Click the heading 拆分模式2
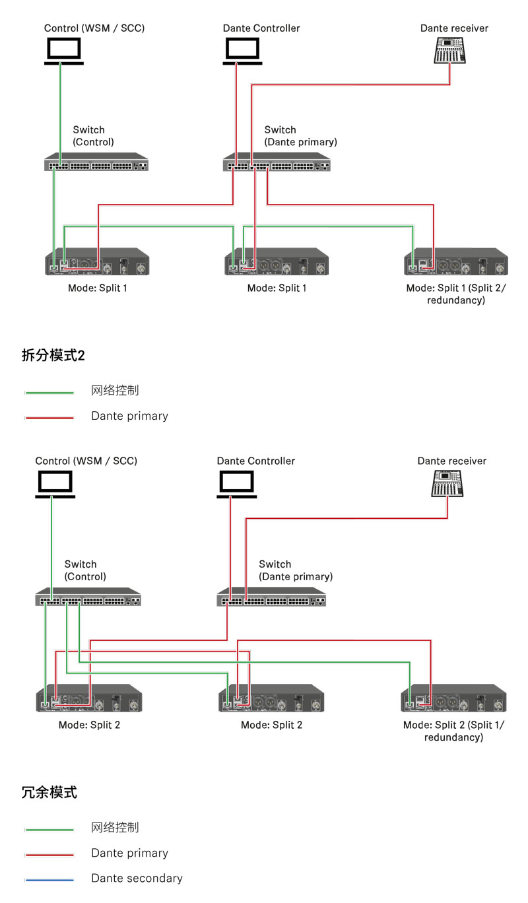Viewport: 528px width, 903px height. tap(53, 356)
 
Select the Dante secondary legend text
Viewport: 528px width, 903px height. tap(137, 879)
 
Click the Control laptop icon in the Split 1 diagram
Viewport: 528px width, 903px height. tap(63, 51)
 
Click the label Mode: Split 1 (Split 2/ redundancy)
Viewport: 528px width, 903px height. tap(455, 294)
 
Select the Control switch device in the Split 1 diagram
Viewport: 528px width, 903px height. tap(96, 162)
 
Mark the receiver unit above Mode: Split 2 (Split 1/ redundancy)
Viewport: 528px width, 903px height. tap(453, 698)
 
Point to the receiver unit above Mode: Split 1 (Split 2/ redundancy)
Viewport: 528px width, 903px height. tap(455, 261)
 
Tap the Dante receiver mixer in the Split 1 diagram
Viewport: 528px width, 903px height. tap(449, 51)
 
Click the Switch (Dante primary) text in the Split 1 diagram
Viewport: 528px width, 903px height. tap(300, 136)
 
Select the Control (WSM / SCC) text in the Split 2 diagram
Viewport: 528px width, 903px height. tap(86, 461)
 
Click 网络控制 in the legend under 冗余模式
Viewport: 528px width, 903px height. tap(115, 828)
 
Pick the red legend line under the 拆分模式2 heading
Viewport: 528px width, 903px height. tap(49, 418)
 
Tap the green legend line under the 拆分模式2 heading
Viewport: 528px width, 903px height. tap(49, 393)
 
